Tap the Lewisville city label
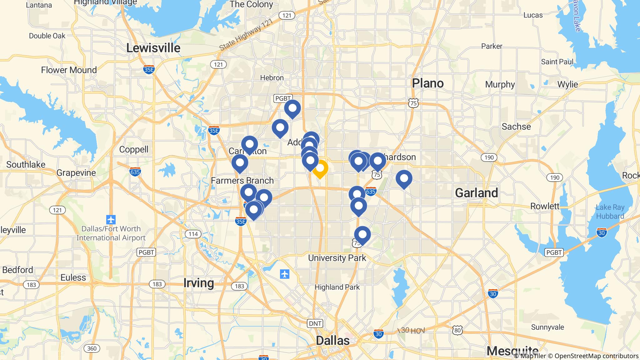(x=153, y=48)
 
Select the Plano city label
(x=427, y=83)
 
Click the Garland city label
(x=476, y=193)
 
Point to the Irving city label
(x=198, y=283)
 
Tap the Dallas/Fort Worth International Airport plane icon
(x=111, y=219)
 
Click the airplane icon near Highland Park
(x=284, y=274)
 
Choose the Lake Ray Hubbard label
(x=610, y=212)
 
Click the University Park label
(x=337, y=258)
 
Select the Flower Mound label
(x=69, y=70)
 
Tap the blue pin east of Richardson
(x=404, y=178)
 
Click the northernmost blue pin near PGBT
(x=292, y=108)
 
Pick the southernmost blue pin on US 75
(x=362, y=235)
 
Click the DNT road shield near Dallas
(x=315, y=323)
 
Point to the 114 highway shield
(x=193, y=234)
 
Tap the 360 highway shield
(x=92, y=348)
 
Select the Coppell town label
(x=134, y=149)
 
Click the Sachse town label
(x=516, y=127)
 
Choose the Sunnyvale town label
(x=547, y=327)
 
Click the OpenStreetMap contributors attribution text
(x=596, y=356)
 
